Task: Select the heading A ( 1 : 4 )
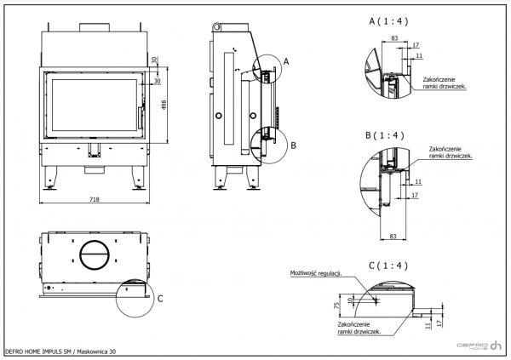[x=388, y=21]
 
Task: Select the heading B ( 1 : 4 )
[x=388, y=135]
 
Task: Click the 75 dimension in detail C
[x=337, y=306]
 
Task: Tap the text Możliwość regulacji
[x=315, y=273]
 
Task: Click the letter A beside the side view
[x=286, y=61]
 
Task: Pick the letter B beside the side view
[x=293, y=146]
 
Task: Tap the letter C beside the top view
[x=159, y=299]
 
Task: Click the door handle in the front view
[x=143, y=105]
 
